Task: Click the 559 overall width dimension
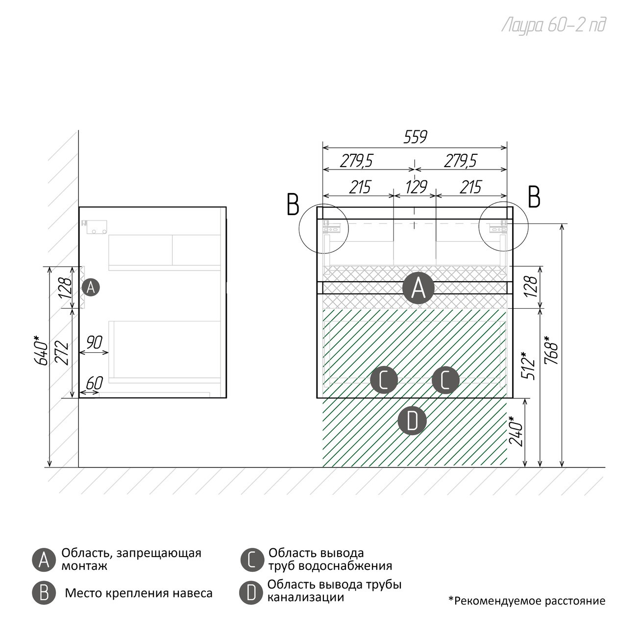coord(415,137)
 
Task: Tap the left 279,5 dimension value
coord(357,160)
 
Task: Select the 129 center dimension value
coord(416,187)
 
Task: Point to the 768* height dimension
coord(551,349)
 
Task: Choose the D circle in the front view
coord(412,421)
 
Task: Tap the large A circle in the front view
coord(418,288)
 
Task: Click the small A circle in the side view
coord(91,287)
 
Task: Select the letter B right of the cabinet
coord(534,197)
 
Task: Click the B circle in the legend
coord(44,593)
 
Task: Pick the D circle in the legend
coord(251,593)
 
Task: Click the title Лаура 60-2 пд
coord(554,25)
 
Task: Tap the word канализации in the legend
coord(305,597)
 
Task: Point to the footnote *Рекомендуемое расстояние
coord(527,601)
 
